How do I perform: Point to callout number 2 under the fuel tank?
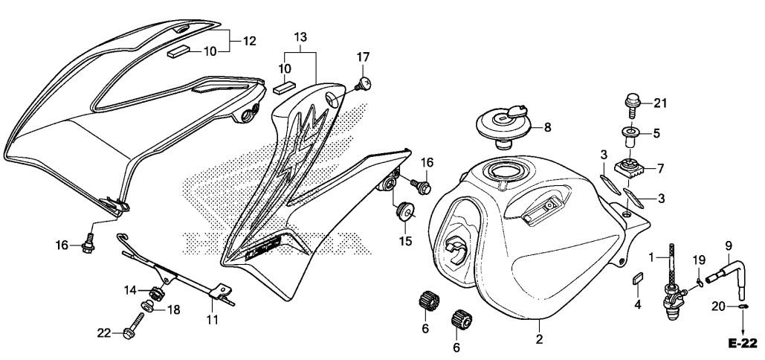[x=540, y=340]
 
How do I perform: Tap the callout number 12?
[x=249, y=41]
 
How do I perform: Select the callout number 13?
[x=300, y=36]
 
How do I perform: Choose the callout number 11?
[x=213, y=321]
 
